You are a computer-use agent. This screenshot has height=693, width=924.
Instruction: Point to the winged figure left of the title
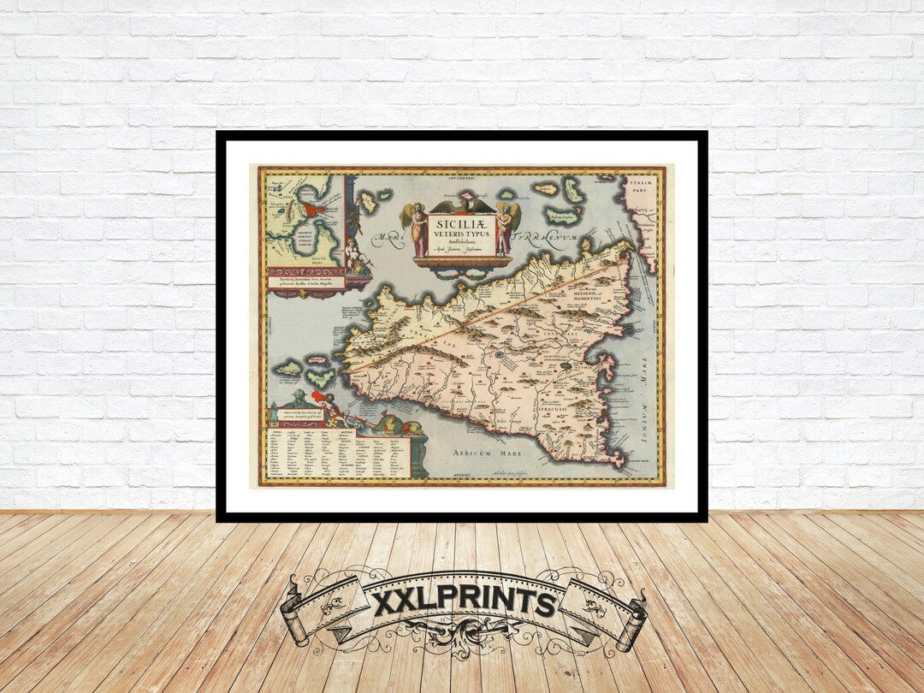[x=418, y=228]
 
